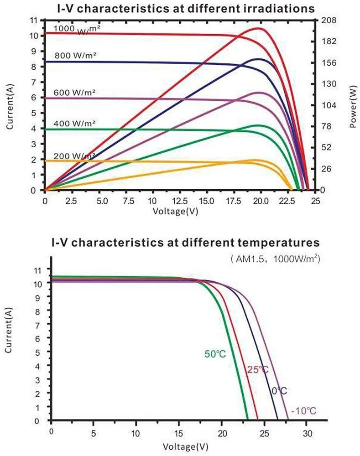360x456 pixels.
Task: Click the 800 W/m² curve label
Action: coord(75,56)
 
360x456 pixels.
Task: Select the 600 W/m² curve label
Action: coord(75,93)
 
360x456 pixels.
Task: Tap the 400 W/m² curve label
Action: coord(74,124)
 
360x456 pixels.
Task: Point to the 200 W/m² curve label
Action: coord(74,156)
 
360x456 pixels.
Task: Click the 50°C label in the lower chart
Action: coord(214,354)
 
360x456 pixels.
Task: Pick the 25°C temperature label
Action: coord(258,369)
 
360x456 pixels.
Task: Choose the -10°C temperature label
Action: coord(303,411)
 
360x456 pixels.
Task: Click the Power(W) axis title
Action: coord(353,104)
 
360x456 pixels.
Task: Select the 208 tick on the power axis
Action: coord(329,20)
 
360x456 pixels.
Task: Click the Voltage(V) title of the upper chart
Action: coord(176,211)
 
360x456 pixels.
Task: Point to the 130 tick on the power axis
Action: coord(329,83)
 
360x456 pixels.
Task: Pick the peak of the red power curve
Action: coord(260,28)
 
